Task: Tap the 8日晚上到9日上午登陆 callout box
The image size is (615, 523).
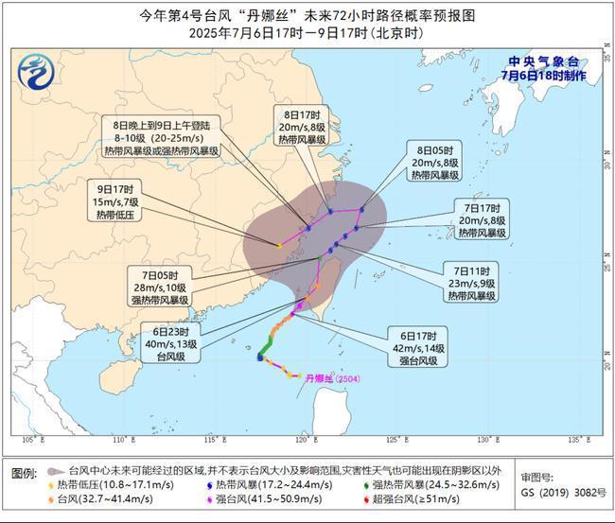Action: (x=166, y=137)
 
